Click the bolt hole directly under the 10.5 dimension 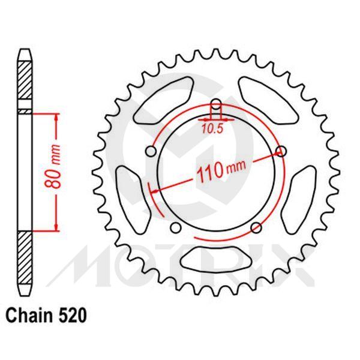[216, 103]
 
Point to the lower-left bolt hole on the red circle [176, 227]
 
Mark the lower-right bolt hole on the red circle [256, 227]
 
